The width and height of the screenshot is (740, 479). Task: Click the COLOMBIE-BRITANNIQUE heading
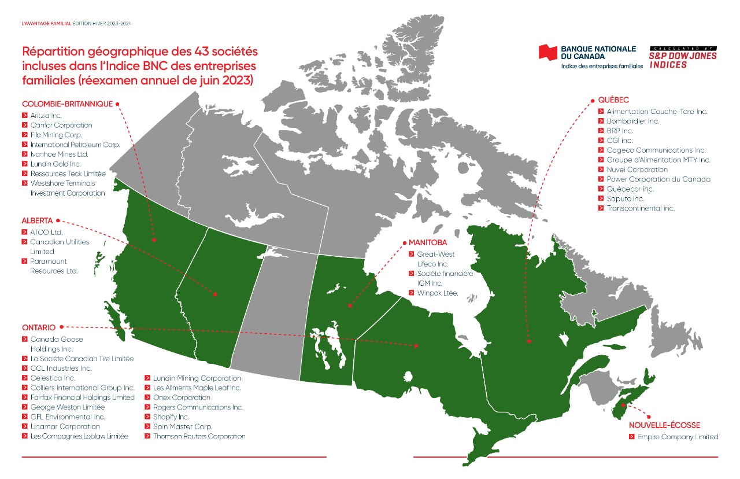pyautogui.click(x=67, y=104)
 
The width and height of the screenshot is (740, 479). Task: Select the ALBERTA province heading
pyautogui.click(x=38, y=220)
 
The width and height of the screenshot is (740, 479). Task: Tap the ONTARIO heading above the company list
pyautogui.click(x=39, y=327)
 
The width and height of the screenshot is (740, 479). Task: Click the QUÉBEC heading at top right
pyautogui.click(x=613, y=100)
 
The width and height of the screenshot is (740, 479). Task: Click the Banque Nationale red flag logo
pyautogui.click(x=547, y=52)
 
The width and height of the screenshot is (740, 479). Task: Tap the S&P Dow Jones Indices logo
pyautogui.click(x=683, y=57)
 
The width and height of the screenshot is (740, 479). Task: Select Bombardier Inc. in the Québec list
pyautogui.click(x=632, y=121)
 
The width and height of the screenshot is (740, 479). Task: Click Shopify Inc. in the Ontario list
pyautogui.click(x=171, y=417)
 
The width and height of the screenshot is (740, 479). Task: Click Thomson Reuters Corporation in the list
pyautogui.click(x=199, y=436)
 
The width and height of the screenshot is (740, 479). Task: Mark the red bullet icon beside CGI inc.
pyautogui.click(x=601, y=141)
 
